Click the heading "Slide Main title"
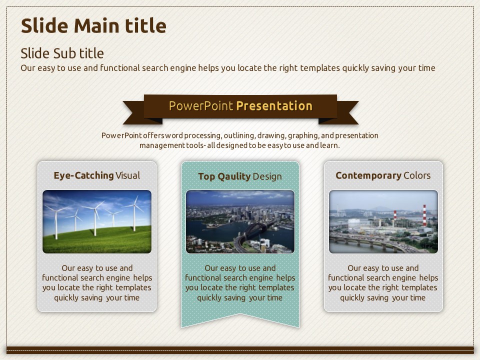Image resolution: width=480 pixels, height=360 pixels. point(93,25)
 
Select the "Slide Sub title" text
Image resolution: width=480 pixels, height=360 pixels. point(62,53)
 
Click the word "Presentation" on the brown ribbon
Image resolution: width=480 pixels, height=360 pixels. point(274,106)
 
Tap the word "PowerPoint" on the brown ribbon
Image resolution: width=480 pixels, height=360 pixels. point(201,106)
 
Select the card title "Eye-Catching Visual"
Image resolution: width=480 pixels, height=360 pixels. point(96,175)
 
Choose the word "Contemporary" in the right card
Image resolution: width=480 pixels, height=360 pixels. point(368,175)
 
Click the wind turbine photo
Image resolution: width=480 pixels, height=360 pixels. point(97,221)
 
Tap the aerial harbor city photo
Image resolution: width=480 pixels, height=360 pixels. point(240,221)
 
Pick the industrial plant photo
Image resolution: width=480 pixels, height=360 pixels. point(383,221)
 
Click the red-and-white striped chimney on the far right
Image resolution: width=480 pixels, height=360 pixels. point(424,215)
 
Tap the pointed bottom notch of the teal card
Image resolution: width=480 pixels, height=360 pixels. point(240,314)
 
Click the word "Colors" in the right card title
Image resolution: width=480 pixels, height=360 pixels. point(417,175)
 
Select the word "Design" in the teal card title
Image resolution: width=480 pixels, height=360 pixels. point(267,176)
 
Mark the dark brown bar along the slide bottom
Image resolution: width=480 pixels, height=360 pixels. point(240,350)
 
